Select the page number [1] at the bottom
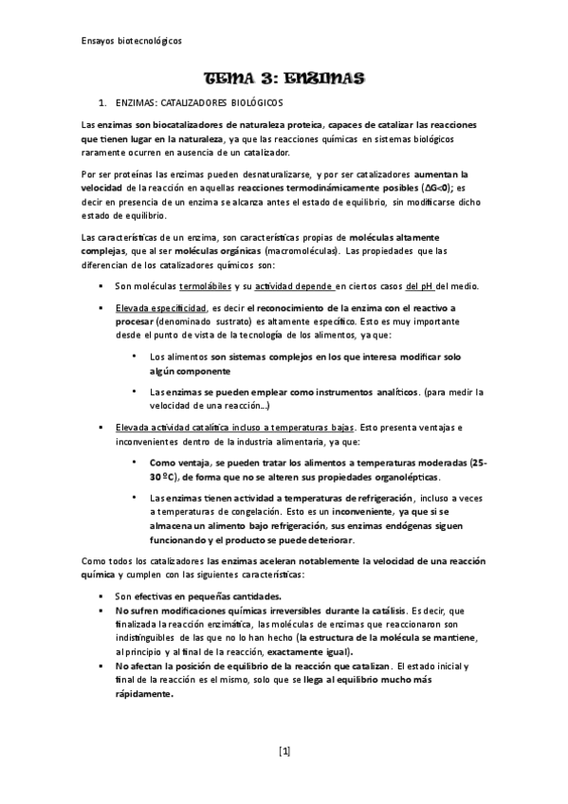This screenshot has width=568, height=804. point(284,752)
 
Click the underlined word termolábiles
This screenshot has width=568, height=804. point(205,286)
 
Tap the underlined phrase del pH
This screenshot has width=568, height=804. point(421,286)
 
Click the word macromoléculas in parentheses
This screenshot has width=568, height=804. point(302,250)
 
